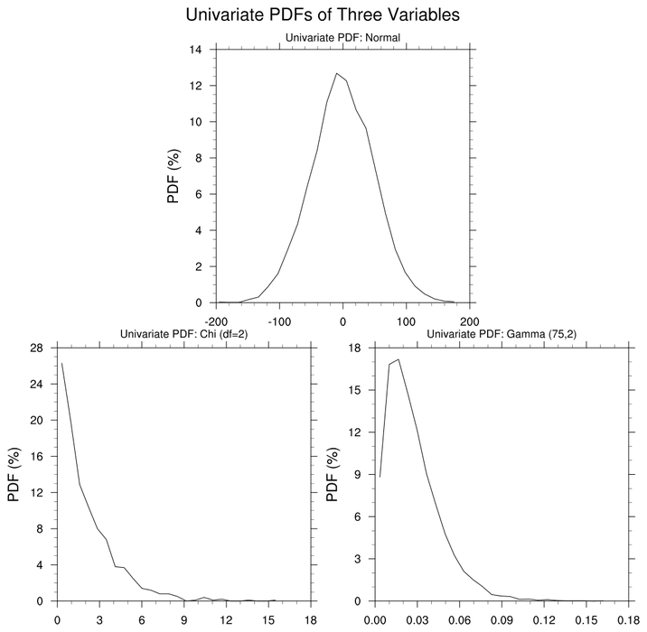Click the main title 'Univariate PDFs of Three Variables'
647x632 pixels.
pos(323,15)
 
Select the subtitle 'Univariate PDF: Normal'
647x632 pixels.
pos(342,38)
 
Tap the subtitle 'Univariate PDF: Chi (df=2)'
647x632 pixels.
pos(184,335)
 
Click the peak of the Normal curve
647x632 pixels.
pos(336,73)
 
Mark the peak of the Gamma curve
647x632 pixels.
pos(399,359)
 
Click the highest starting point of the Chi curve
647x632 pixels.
pos(61,363)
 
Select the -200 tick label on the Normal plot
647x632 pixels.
pos(216,321)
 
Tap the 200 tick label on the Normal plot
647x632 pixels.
pos(470,321)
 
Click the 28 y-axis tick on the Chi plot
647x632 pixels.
pos(37,348)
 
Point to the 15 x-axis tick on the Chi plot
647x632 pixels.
pos(268,618)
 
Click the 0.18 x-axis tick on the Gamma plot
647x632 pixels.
pos(627,618)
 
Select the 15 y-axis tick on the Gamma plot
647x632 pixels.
pos(355,390)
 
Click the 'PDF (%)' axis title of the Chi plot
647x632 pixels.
pos(14,474)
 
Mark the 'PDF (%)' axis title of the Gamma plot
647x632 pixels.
pos(333,474)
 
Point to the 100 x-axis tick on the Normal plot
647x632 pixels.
pos(407,321)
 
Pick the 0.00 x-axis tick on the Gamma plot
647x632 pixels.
pos(374,618)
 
